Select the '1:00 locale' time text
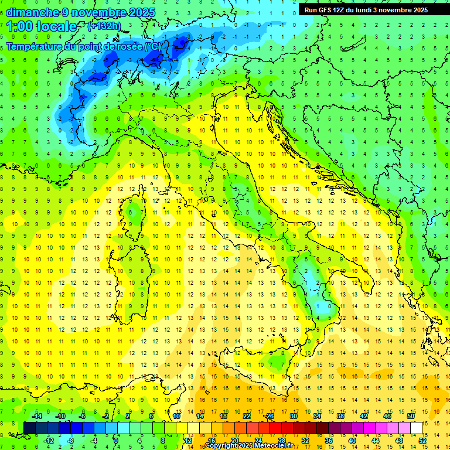(42, 26)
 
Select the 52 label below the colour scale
(422, 441)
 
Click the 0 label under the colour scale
(117, 441)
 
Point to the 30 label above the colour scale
(294, 416)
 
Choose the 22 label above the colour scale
(247, 416)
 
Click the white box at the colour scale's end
(416, 428)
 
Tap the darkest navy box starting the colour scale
(29, 428)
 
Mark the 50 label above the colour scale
(411, 416)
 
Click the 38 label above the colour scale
(340, 416)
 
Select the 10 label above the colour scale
(176, 416)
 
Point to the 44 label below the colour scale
(375, 441)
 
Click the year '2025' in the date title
(142, 12)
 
